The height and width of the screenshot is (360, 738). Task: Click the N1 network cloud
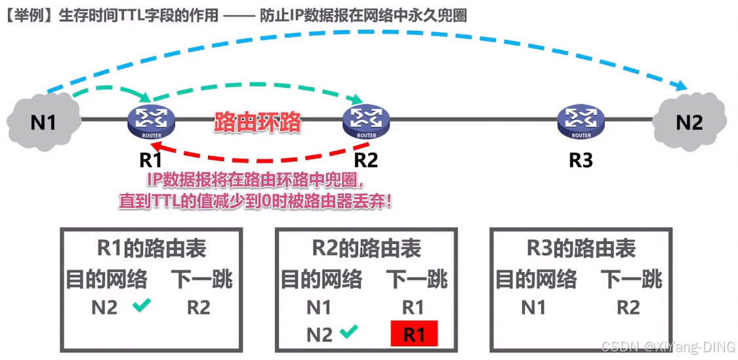coord(43,122)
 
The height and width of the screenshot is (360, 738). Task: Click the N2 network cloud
coord(689,121)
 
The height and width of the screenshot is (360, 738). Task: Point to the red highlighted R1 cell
coord(413,334)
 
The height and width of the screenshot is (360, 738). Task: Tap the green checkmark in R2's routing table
coord(348,333)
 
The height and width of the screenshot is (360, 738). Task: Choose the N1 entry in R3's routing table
coord(533,307)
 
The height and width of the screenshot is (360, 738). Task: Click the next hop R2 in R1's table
coord(198,307)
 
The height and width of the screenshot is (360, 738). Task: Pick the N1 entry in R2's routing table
coord(319,307)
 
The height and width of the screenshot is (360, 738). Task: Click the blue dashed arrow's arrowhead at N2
coord(682,87)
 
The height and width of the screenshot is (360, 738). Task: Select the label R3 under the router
coord(581,159)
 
